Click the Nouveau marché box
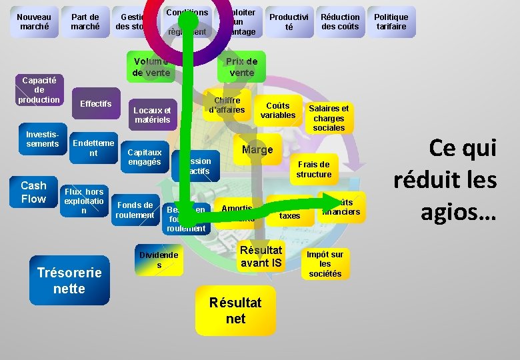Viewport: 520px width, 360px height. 34,22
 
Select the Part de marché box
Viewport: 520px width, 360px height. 85,22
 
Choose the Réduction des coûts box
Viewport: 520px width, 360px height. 340,22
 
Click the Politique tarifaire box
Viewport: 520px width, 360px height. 391,22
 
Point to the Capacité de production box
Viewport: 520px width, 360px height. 39,89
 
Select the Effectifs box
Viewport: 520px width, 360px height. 95,104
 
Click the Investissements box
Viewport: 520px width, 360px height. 43,139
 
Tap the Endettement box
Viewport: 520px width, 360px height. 93,148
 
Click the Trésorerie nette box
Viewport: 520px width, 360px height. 69,280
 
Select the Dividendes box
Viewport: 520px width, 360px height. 159,260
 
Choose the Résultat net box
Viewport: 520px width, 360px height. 235,311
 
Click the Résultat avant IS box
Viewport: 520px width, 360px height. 261,257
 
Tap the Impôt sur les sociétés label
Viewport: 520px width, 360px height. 325,264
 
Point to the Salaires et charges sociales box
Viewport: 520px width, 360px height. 329,118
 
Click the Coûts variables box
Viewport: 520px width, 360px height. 277,111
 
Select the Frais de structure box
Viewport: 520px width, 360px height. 313,169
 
